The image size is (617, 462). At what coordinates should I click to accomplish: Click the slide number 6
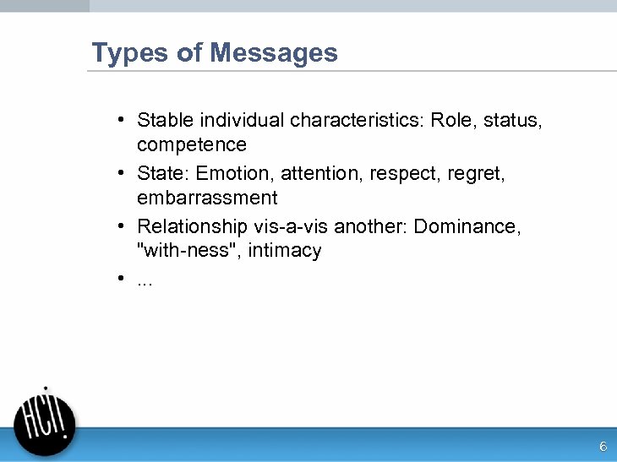603,446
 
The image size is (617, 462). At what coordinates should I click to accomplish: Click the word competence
191,144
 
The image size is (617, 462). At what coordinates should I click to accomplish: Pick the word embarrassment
207,198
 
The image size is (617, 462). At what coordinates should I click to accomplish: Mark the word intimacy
285,251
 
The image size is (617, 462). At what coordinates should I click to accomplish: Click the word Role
454,121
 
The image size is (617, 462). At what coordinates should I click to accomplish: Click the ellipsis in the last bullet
145,280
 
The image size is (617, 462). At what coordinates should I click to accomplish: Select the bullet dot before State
123,173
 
